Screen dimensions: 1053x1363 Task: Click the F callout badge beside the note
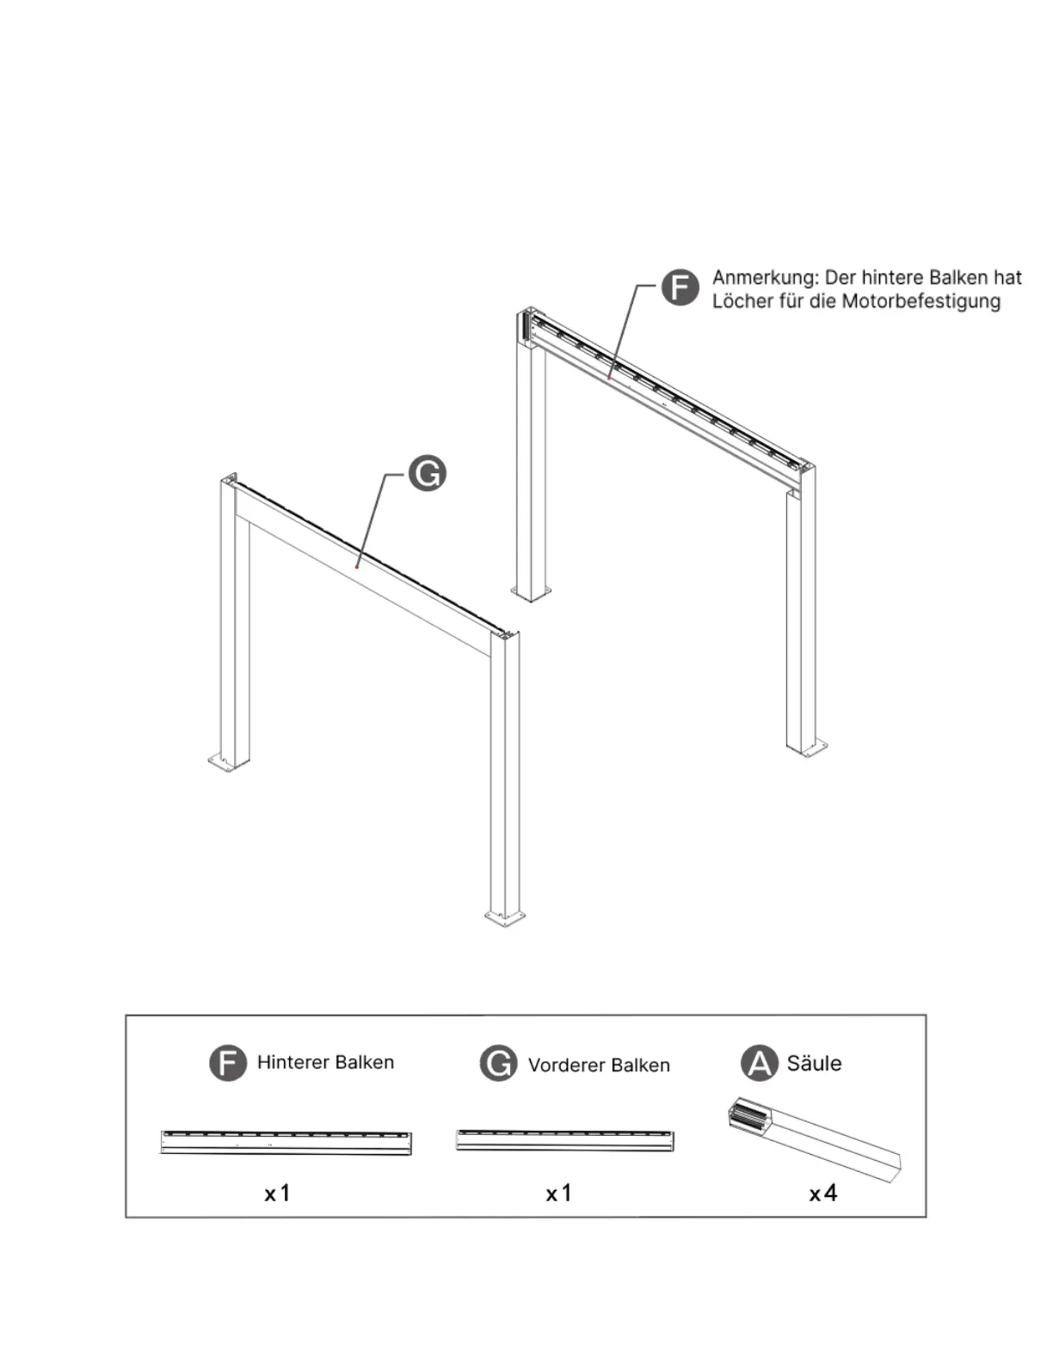pos(680,287)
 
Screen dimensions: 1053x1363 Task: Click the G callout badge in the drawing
pos(427,473)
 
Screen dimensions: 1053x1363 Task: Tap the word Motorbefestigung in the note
pos(921,301)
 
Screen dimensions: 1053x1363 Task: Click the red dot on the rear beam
pos(609,377)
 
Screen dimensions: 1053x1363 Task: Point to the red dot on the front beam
pos(357,566)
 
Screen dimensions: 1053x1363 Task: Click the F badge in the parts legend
pos(228,1063)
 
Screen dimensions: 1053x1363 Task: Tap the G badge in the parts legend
pos(498,1064)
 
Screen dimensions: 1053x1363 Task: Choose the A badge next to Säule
pos(759,1064)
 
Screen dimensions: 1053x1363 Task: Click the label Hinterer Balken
pos(325,1063)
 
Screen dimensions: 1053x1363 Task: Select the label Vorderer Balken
pos(599,1065)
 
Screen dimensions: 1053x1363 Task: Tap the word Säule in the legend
pos(814,1064)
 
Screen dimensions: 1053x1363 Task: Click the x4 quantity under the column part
pos(823,1193)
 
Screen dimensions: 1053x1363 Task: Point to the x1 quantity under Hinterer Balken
pos(277,1193)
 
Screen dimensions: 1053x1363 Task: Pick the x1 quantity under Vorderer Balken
pos(558,1193)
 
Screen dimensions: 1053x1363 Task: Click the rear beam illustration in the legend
pos(286,1143)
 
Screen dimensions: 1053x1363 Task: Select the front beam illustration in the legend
pos(564,1140)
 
